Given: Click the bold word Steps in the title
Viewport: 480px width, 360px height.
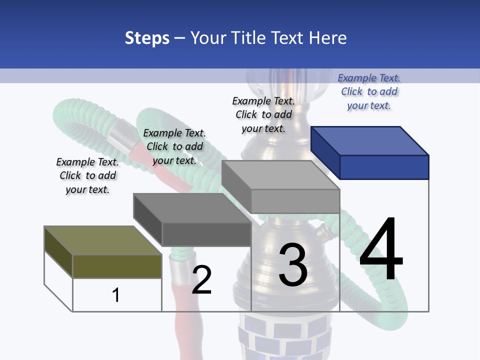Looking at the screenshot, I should pos(147,38).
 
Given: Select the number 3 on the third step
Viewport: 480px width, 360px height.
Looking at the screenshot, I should pos(293,264).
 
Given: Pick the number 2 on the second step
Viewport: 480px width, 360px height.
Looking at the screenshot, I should pos(201,279).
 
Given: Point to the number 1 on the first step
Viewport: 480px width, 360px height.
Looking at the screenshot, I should pos(115,295).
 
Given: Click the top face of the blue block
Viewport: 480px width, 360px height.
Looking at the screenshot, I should pos(369,141).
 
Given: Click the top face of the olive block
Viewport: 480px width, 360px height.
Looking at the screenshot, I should pos(102,240).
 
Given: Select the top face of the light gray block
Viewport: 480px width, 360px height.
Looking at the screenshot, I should pos(280,175).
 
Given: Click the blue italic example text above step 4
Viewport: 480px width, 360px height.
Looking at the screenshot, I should pos(369,91).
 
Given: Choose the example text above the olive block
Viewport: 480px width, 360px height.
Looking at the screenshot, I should pos(87,175).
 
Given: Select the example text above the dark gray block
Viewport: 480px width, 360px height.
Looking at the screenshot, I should pos(174,146).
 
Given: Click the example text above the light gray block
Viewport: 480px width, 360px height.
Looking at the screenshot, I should pos(263,114).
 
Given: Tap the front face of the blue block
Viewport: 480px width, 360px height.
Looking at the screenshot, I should pos(384,167).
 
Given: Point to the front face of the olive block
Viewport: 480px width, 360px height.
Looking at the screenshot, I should pos(117,266).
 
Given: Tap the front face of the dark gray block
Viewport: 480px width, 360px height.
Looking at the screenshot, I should pos(206,233).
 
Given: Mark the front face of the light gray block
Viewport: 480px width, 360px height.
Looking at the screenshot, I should pos(295,201).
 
